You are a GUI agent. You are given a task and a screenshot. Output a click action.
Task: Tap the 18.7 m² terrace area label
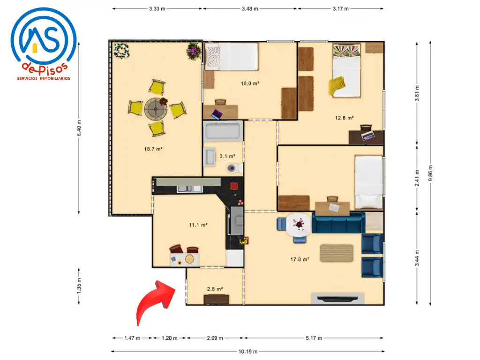(153, 149)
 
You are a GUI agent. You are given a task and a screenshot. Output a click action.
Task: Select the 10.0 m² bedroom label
(250, 83)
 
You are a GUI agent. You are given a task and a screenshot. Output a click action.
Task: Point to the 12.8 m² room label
(345, 118)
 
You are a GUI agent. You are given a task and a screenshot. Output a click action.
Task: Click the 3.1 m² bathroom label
(227, 156)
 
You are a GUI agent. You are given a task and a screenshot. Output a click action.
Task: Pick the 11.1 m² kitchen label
(198, 225)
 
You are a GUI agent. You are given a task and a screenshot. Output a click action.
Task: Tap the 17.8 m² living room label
(300, 259)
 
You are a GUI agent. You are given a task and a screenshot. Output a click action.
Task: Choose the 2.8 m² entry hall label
(215, 289)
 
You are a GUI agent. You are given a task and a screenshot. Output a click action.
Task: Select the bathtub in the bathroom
(223, 131)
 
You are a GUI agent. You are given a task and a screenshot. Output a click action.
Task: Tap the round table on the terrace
(156, 109)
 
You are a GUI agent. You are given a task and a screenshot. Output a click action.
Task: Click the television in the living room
(337, 298)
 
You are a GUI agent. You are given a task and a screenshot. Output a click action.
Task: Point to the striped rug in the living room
(337, 253)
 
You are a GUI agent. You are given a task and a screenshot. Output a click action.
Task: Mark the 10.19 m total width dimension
(247, 352)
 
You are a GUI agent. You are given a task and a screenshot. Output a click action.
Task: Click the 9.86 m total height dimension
(430, 173)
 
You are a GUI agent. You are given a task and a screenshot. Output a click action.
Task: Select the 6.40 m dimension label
(79, 128)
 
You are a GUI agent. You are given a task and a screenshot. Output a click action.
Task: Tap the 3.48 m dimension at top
(250, 8)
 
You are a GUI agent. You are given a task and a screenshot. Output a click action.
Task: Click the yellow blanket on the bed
(337, 85)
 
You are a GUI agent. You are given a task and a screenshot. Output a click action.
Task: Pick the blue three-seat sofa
(338, 223)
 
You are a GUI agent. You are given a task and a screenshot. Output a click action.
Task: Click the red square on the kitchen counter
(234, 186)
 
